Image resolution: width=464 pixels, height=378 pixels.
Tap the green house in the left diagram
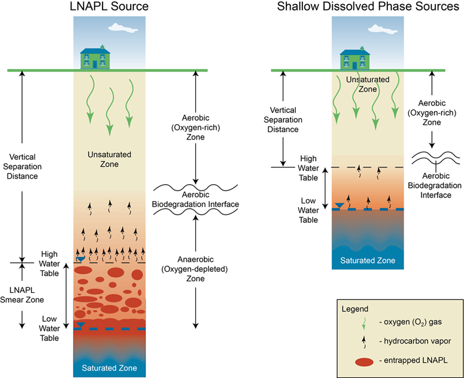(95, 57)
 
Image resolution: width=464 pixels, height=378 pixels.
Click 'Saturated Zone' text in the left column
(110, 368)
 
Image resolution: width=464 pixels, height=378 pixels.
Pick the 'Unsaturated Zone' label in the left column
(110, 159)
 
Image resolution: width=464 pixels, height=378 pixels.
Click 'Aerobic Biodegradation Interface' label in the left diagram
(196, 199)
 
